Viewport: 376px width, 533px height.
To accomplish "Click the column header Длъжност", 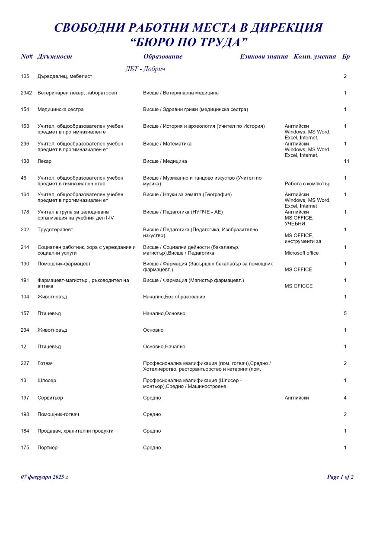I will coord(54,57).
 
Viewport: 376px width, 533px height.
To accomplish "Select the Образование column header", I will coord(163,57).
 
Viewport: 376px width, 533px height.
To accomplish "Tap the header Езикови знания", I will coord(264,57).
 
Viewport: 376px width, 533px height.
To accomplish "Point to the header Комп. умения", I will coord(315,57).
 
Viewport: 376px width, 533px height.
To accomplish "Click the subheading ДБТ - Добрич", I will coord(145,69).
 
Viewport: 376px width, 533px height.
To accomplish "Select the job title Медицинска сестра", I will coord(61,110).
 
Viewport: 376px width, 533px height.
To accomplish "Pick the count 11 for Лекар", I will coord(346,162).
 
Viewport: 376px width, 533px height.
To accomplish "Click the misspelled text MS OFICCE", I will coord(299,286).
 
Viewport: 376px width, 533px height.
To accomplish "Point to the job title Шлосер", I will coord(47,381).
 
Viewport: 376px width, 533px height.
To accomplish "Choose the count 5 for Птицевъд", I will coord(345,313).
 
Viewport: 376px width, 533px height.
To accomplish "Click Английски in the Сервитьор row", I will coord(297,398).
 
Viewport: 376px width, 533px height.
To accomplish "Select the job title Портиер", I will coord(48,448).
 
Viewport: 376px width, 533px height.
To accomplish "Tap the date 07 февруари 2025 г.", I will coord(45,477).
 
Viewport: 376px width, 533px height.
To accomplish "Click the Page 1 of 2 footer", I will coord(340,477).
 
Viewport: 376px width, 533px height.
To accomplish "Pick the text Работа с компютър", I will coord(307,184).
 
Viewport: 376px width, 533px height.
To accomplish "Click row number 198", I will coord(25,414).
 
